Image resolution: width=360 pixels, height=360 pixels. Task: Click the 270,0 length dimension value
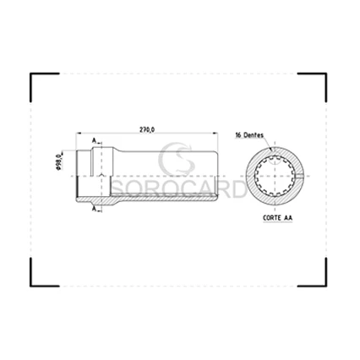point(146,129)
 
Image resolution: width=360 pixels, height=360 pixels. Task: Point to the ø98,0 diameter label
point(58,161)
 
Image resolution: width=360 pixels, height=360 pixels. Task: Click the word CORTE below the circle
point(270,218)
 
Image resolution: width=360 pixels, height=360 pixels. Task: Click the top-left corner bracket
point(38,81)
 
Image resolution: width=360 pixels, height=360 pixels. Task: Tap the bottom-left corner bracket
point(38,279)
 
